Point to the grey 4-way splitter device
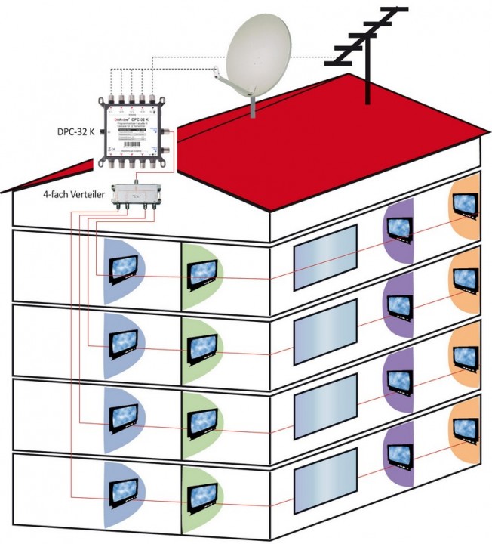point(136,194)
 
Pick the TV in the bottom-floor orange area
point(465,426)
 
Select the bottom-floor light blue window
point(324,479)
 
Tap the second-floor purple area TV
point(398,303)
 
